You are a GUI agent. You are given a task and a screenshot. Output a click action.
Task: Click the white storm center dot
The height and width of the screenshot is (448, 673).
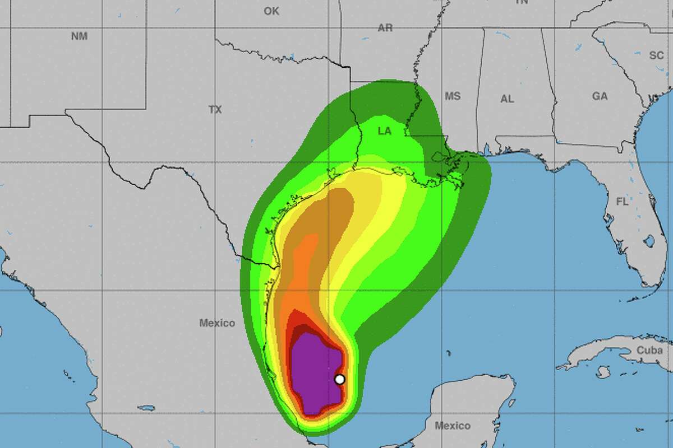point(339,379)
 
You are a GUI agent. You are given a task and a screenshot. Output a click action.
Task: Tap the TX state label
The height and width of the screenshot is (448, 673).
point(215,110)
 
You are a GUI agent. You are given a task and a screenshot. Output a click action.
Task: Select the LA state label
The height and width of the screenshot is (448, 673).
point(384,131)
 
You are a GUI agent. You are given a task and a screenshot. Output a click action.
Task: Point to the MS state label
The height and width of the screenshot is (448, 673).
point(452,96)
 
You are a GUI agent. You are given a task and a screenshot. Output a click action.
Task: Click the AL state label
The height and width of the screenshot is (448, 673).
point(507,99)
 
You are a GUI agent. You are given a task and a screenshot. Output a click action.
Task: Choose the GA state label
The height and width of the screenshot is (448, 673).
point(600,96)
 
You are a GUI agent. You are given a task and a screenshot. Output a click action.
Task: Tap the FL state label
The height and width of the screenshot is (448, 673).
point(622,202)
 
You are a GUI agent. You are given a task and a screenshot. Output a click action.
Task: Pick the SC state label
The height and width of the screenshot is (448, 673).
point(656,55)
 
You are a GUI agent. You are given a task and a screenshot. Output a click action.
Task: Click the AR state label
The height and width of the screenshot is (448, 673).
point(385,28)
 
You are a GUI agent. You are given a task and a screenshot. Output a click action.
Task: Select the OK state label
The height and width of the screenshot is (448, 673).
point(271,11)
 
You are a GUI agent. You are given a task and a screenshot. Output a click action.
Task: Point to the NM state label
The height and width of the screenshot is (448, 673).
point(80,36)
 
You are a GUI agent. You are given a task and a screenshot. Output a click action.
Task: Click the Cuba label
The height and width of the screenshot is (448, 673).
point(649,351)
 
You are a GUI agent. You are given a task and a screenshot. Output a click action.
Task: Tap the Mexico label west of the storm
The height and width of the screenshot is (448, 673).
point(217,323)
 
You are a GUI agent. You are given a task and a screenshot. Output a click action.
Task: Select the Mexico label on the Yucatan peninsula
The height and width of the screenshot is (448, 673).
point(453,426)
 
